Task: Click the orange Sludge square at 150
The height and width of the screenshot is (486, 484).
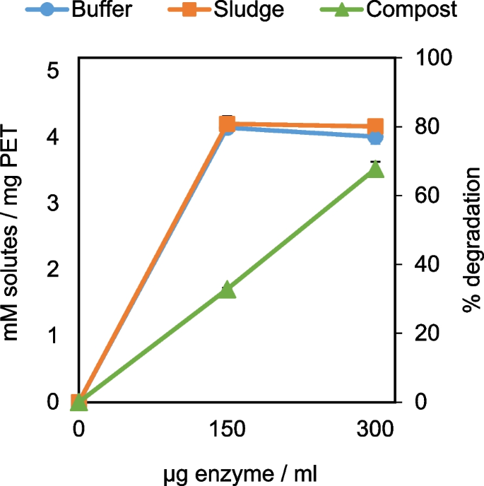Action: point(227,125)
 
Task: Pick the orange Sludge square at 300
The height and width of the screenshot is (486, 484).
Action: point(375,126)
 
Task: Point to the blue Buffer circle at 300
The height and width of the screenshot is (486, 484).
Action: point(375,137)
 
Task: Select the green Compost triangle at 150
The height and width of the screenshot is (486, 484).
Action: point(227,290)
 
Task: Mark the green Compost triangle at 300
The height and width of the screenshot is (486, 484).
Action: point(375,169)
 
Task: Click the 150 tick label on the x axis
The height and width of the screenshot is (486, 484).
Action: point(227,429)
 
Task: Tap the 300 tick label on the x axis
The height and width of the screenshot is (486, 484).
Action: point(375,429)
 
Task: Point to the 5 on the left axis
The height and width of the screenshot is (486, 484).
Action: point(53,71)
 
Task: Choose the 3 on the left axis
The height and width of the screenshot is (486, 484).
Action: point(53,203)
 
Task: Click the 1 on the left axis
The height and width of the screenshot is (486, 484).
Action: point(53,336)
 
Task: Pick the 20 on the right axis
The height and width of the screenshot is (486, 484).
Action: point(421,333)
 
